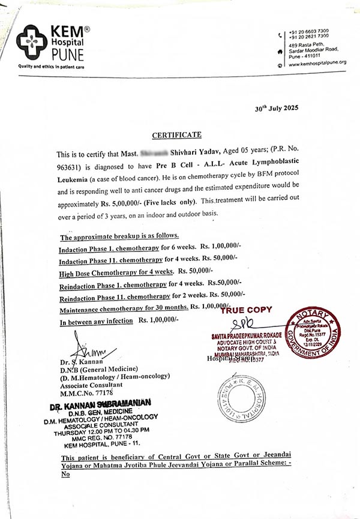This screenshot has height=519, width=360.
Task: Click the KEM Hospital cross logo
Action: [x=31, y=40]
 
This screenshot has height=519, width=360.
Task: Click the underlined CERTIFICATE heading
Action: [x=176, y=135]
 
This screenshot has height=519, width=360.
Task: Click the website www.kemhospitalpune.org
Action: [x=317, y=62]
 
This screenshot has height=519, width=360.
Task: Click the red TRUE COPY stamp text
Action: [x=245, y=310]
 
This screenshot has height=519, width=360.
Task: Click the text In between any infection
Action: [x=96, y=322]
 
